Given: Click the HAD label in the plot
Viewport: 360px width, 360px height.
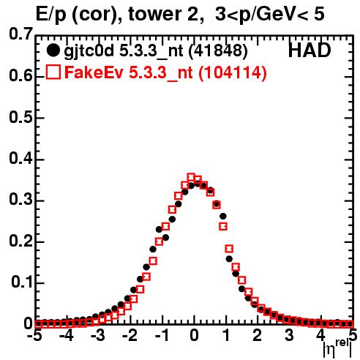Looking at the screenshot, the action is pos(310,50).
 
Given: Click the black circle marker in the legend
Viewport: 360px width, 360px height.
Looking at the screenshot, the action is pos(53,50).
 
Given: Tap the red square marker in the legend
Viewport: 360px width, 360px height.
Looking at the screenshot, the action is pos(53,72).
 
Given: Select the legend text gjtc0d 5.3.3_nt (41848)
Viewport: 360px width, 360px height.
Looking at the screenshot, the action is pos(156,51).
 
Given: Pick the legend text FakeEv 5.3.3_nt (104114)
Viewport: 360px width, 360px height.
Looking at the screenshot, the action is pos(166,72).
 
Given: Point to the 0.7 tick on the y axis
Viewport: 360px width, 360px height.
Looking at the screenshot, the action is pos(20,34).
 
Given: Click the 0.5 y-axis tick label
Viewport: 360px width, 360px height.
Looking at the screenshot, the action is pos(20,117).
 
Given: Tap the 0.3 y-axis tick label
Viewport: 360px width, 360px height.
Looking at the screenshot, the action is pos(20,200).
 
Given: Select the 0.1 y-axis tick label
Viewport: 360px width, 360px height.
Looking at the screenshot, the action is pos(21,282).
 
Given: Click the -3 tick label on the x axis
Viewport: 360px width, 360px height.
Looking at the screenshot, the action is pos(98,335).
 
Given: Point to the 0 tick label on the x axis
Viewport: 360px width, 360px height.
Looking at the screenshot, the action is pos(194,335).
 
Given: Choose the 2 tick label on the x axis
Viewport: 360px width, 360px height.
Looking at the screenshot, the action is pos(257,335).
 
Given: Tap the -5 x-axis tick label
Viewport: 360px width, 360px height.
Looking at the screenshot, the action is pos(34,335).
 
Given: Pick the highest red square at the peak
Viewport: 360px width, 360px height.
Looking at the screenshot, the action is pos(191,177).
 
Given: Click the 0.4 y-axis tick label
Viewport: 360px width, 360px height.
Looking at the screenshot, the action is pos(20,159).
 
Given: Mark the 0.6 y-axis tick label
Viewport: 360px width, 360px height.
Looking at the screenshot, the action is pos(20,75).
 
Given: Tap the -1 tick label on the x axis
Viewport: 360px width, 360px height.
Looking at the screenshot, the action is pos(162,335).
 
